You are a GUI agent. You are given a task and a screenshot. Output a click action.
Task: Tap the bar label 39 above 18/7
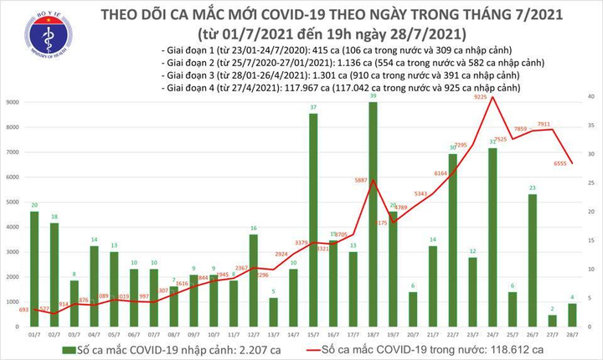click(x=373, y=95)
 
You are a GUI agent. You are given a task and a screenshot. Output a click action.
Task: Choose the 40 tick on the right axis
click(x=590, y=98)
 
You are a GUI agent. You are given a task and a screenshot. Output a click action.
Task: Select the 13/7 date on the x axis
click(x=273, y=332)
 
